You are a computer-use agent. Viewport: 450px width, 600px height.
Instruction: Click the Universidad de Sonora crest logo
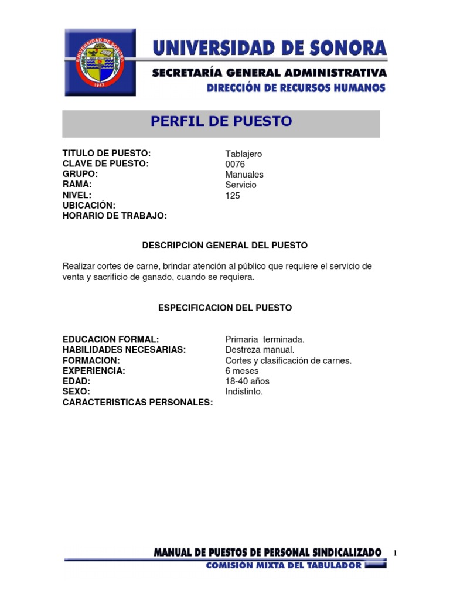tap(100, 62)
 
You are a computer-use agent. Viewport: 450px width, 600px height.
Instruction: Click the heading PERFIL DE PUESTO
tap(221, 122)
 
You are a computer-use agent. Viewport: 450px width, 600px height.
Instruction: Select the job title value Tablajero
tap(243, 154)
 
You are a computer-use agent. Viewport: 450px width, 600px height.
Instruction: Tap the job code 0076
tap(235, 164)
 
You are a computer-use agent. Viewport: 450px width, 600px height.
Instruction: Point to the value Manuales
tap(244, 175)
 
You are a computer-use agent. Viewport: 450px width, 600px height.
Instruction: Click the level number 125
tap(233, 196)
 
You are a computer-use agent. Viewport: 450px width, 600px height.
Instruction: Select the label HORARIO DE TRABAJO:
tap(115, 216)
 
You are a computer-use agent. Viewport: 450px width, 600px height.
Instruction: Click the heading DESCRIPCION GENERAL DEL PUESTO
tap(225, 245)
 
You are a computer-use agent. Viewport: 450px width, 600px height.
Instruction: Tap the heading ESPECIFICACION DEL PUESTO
tap(225, 308)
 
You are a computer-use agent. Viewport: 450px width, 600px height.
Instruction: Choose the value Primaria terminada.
tap(265, 339)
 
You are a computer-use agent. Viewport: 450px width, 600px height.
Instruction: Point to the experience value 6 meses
tap(241, 371)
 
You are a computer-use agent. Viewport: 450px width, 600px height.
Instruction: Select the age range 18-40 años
tap(247, 381)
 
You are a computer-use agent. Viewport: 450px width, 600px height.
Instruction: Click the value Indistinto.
tap(244, 391)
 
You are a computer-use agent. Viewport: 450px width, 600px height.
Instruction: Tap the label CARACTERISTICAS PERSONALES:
tap(138, 403)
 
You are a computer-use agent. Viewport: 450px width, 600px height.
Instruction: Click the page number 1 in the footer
tap(396, 554)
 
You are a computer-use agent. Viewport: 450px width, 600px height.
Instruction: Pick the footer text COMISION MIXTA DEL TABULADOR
tap(284, 566)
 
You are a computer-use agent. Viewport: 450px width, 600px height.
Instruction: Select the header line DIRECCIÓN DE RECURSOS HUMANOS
tap(296, 88)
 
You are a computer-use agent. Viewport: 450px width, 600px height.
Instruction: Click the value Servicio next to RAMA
tap(241, 185)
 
